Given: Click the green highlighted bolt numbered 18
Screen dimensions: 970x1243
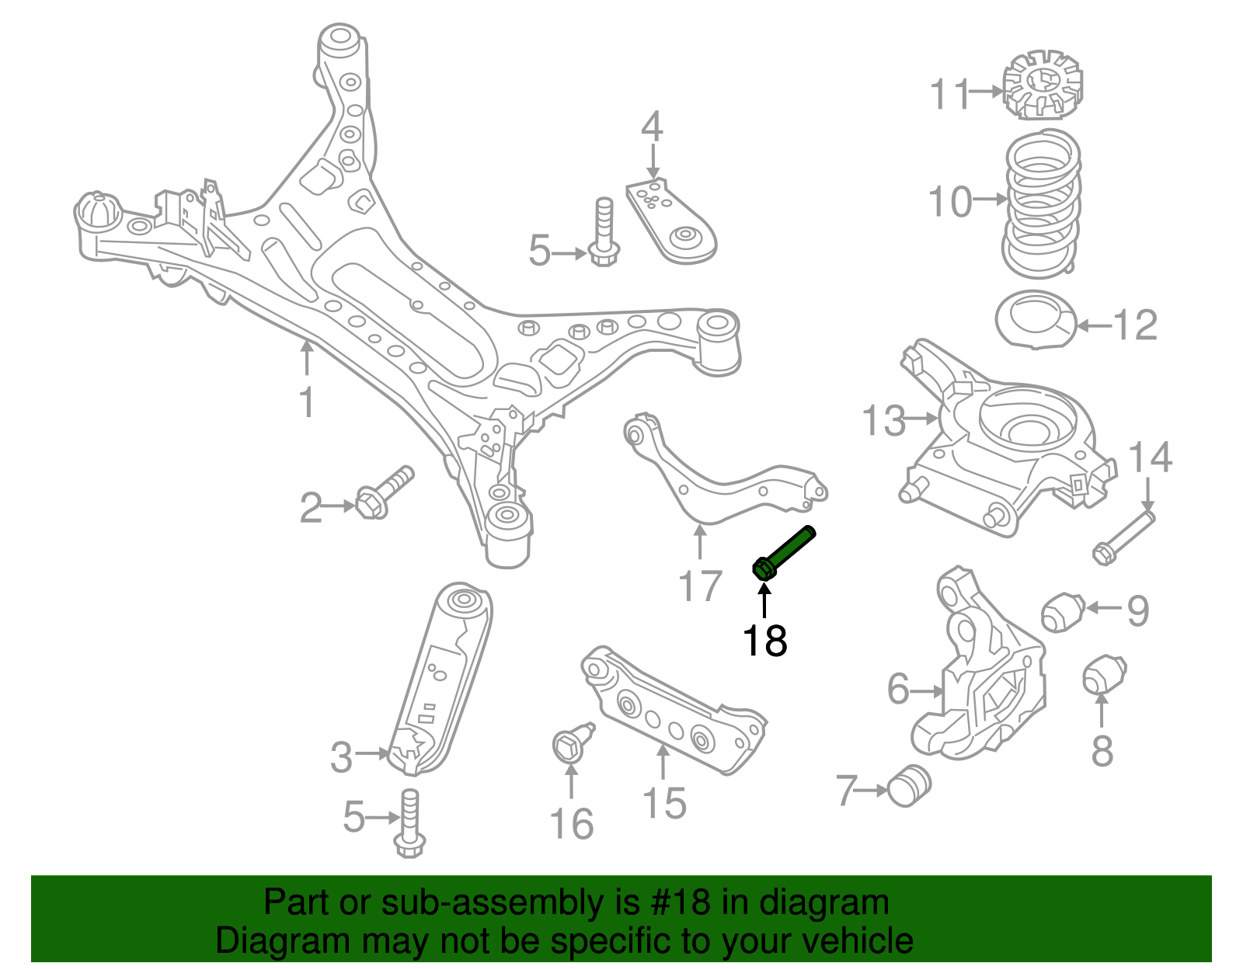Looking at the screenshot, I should point(785,552).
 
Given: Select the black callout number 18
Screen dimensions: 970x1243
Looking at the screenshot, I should point(764,641).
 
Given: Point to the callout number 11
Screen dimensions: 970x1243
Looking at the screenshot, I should point(949,95).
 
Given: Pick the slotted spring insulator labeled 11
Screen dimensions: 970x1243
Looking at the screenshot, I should point(1042,85).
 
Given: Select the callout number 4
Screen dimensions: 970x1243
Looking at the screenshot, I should point(652,127).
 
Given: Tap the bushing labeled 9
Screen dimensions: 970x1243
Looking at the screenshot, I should point(1062,611).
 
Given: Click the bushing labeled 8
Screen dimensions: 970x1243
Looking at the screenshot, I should point(1104,675).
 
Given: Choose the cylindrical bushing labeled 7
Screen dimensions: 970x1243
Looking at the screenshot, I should point(908,785).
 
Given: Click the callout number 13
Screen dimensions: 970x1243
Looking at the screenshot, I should point(884,421).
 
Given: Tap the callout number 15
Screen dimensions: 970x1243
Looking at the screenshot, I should point(664,803).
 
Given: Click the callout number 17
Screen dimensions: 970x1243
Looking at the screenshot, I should point(700,586).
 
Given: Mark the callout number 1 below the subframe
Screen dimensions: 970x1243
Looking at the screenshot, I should point(308,402).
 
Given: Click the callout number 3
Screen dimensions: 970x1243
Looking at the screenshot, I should point(342,757).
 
